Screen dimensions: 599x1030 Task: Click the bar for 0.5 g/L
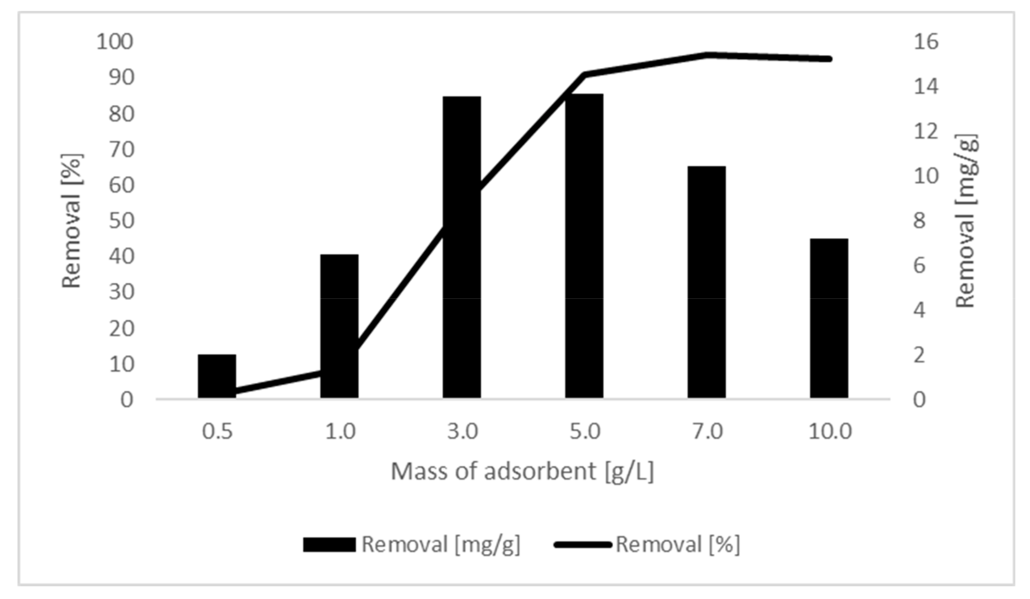[x=217, y=376]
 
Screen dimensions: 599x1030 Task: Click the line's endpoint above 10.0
[x=830, y=59]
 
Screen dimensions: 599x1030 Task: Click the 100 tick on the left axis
[x=114, y=42]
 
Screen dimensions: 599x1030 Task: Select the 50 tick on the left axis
[x=121, y=221]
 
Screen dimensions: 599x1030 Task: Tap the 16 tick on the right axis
[x=926, y=42]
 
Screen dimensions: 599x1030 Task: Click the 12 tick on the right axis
[x=926, y=131]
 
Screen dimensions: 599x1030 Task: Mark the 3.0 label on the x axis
[x=462, y=431]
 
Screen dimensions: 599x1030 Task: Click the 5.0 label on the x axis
[x=585, y=431]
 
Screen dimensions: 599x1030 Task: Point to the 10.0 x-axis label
[x=830, y=431]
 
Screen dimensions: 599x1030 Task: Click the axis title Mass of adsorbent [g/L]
[x=522, y=471]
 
